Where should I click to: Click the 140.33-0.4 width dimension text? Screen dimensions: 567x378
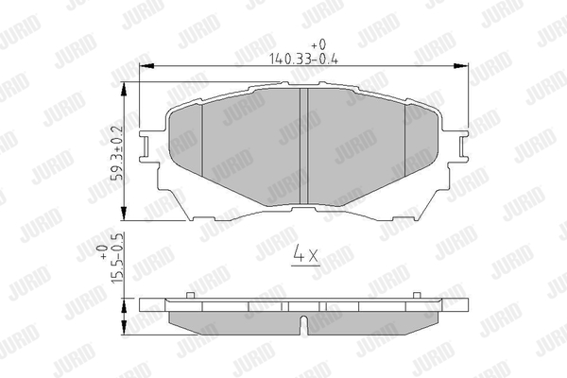pyautogui.click(x=303, y=59)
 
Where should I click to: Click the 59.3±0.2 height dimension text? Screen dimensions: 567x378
pyautogui.click(x=118, y=153)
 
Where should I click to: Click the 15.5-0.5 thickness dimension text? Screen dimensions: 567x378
pyautogui.click(x=118, y=258)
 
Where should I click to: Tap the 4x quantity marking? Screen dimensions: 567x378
pyautogui.click(x=305, y=253)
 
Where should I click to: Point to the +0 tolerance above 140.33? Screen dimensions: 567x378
pyautogui.click(x=318, y=44)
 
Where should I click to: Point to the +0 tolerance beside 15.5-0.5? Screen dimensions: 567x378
pyautogui.click(x=104, y=251)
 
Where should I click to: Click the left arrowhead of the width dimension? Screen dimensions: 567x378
pyautogui.click(x=146, y=66)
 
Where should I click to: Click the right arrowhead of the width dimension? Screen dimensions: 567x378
pyautogui.click(x=461, y=66)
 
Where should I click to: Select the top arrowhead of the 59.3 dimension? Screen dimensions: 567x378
pyautogui.click(x=124, y=90)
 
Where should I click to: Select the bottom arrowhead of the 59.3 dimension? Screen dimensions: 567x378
pyautogui.click(x=124, y=213)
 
